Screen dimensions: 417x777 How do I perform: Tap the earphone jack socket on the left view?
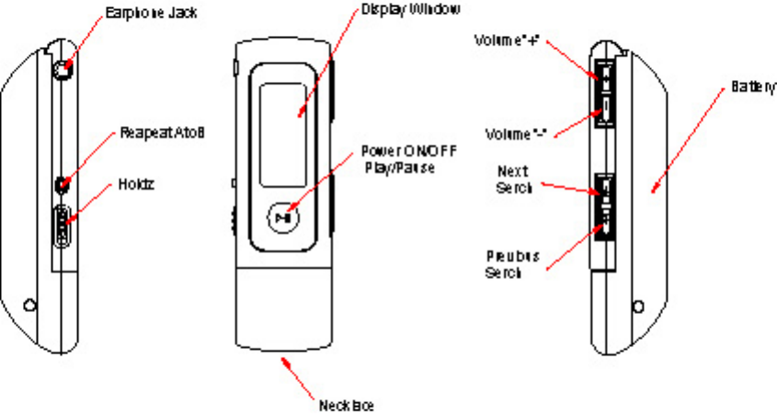point(63,69)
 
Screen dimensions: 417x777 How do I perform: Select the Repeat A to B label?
point(160,133)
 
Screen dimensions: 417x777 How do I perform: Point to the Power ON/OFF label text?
point(406,151)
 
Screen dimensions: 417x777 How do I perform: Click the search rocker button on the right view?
point(605,205)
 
